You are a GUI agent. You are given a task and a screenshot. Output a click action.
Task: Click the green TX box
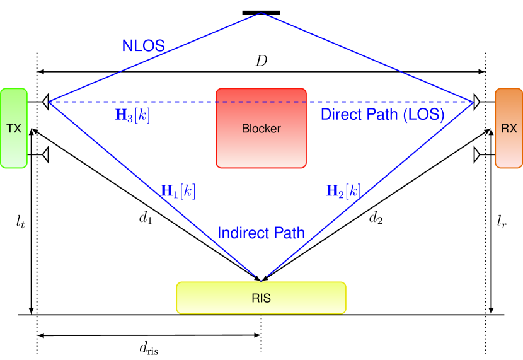coord(14,128)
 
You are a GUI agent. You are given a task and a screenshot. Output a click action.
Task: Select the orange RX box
coord(509,128)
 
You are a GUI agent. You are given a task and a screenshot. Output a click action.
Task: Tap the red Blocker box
coord(261,128)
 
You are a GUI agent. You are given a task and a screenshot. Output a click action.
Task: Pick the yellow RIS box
coord(261,298)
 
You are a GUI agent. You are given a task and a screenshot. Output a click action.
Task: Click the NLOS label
coord(144,45)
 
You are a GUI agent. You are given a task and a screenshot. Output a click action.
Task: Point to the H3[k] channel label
coord(132,115)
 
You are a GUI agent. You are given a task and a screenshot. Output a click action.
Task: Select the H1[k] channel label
coord(178,192)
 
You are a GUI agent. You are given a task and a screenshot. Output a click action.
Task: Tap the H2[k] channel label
coord(343,191)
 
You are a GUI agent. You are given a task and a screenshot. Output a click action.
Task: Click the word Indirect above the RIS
coord(239,233)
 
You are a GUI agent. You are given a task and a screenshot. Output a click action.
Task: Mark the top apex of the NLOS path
coord(261,13)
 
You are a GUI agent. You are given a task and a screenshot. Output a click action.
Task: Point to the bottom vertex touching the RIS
coord(261,278)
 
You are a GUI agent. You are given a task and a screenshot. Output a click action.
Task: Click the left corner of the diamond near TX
coord(49,102)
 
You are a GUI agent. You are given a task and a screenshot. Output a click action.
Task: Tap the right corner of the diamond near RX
coord(473,102)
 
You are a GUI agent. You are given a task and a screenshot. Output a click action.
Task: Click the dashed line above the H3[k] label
coord(132,102)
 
